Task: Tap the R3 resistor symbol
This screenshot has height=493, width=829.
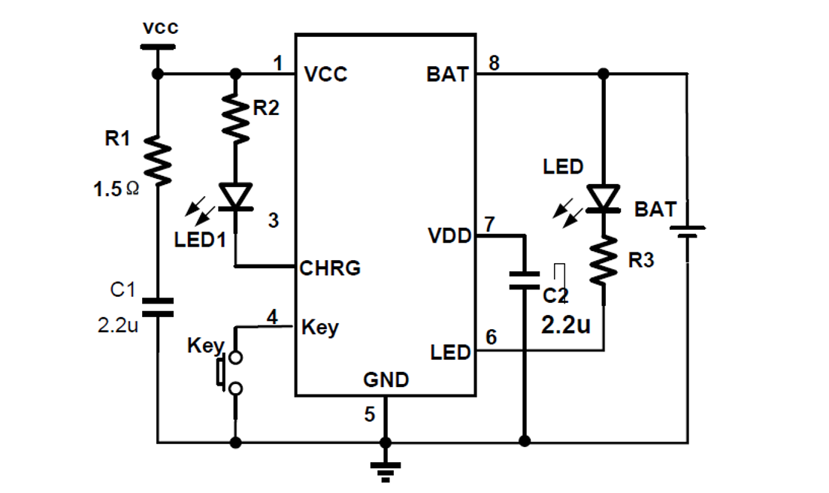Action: click(604, 260)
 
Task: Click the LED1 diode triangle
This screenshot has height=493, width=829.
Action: click(235, 195)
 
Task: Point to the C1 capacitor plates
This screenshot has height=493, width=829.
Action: click(158, 307)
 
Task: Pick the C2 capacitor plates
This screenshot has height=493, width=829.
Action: click(524, 280)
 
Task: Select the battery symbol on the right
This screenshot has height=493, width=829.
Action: click(688, 231)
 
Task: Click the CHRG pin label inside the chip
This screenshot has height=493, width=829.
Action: click(330, 268)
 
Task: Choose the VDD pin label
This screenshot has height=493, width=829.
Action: click(449, 236)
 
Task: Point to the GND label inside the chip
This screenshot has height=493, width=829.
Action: click(386, 380)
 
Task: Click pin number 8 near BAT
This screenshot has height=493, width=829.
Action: click(494, 63)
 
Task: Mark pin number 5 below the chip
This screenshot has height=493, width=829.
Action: click(369, 414)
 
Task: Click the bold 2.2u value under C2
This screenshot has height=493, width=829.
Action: click(565, 325)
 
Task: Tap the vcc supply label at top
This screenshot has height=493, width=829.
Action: click(160, 28)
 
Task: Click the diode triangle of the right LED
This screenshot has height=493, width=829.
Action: click(604, 198)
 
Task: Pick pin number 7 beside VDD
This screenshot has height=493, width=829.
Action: click(489, 224)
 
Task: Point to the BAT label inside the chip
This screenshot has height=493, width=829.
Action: click(447, 74)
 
